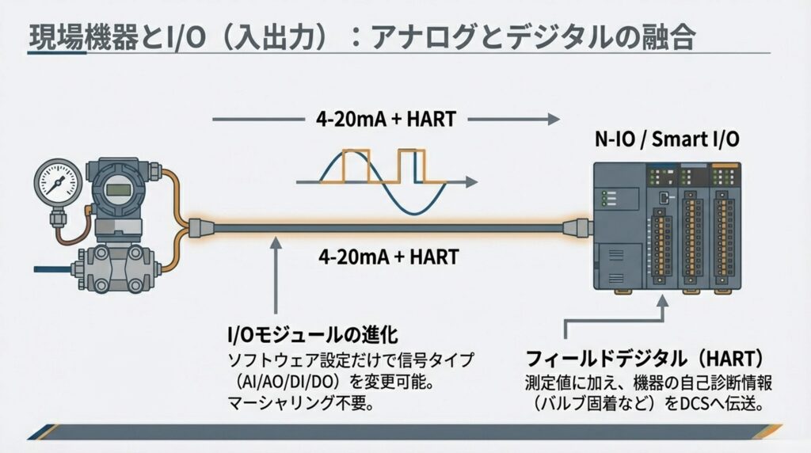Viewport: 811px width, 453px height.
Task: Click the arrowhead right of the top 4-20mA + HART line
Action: [x=546, y=120]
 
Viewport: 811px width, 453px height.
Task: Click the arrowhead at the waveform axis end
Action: [x=473, y=183]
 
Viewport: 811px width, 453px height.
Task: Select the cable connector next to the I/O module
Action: [x=577, y=228]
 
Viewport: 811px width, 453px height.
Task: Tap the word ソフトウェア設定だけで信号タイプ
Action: [x=350, y=360]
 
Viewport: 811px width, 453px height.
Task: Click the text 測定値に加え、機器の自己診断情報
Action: [x=649, y=383]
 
